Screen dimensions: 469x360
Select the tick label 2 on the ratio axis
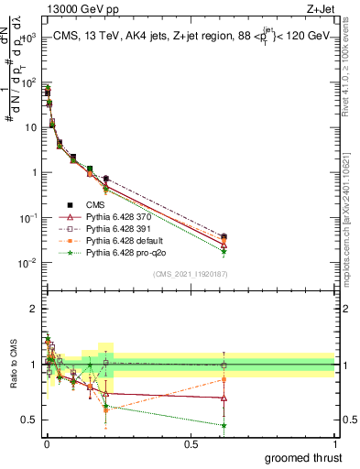pyautogui.click(x=33, y=309)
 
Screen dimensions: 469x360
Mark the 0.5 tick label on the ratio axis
pyautogui.click(x=30, y=420)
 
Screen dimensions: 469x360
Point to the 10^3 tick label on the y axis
pyautogui.click(x=27, y=38)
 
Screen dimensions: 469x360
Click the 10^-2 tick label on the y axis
pyautogui.click(x=27, y=263)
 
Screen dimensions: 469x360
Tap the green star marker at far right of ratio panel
pyautogui.click(x=224, y=425)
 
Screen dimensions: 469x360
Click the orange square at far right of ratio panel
pyautogui.click(x=224, y=378)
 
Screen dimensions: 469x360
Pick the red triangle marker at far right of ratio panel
pyautogui.click(x=224, y=398)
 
